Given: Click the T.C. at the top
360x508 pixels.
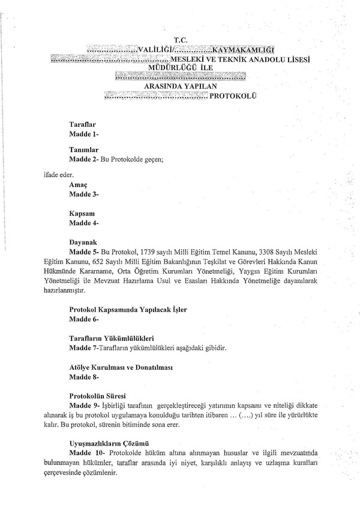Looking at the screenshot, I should pyautogui.click(x=180, y=40).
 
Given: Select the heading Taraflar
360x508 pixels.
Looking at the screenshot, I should pyautogui.click(x=83, y=123).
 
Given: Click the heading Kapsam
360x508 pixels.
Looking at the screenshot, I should pyautogui.click(x=83, y=214).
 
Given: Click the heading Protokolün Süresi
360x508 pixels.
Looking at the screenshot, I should pyautogui.click(x=100, y=396).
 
